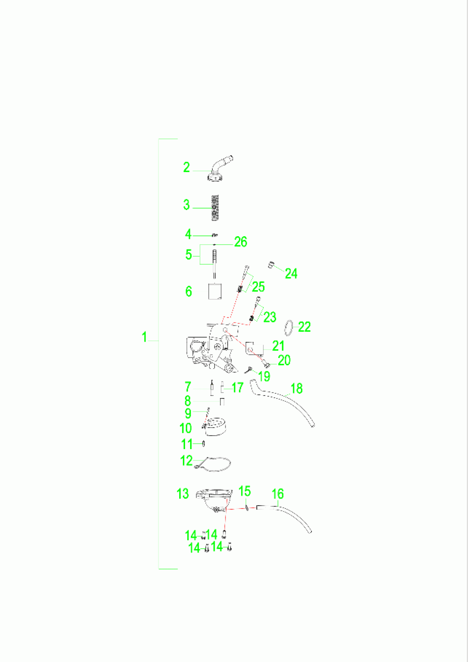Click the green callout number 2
(x=186, y=167)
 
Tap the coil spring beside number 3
(x=215, y=208)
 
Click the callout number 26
(x=240, y=242)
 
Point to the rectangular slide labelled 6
(x=215, y=292)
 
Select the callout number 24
(x=291, y=273)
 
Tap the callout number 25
(x=258, y=287)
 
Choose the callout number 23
(x=270, y=317)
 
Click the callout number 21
(x=278, y=346)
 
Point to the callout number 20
(x=284, y=360)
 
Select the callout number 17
(x=238, y=388)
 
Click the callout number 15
(x=245, y=491)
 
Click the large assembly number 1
(x=144, y=337)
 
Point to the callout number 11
(x=187, y=444)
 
